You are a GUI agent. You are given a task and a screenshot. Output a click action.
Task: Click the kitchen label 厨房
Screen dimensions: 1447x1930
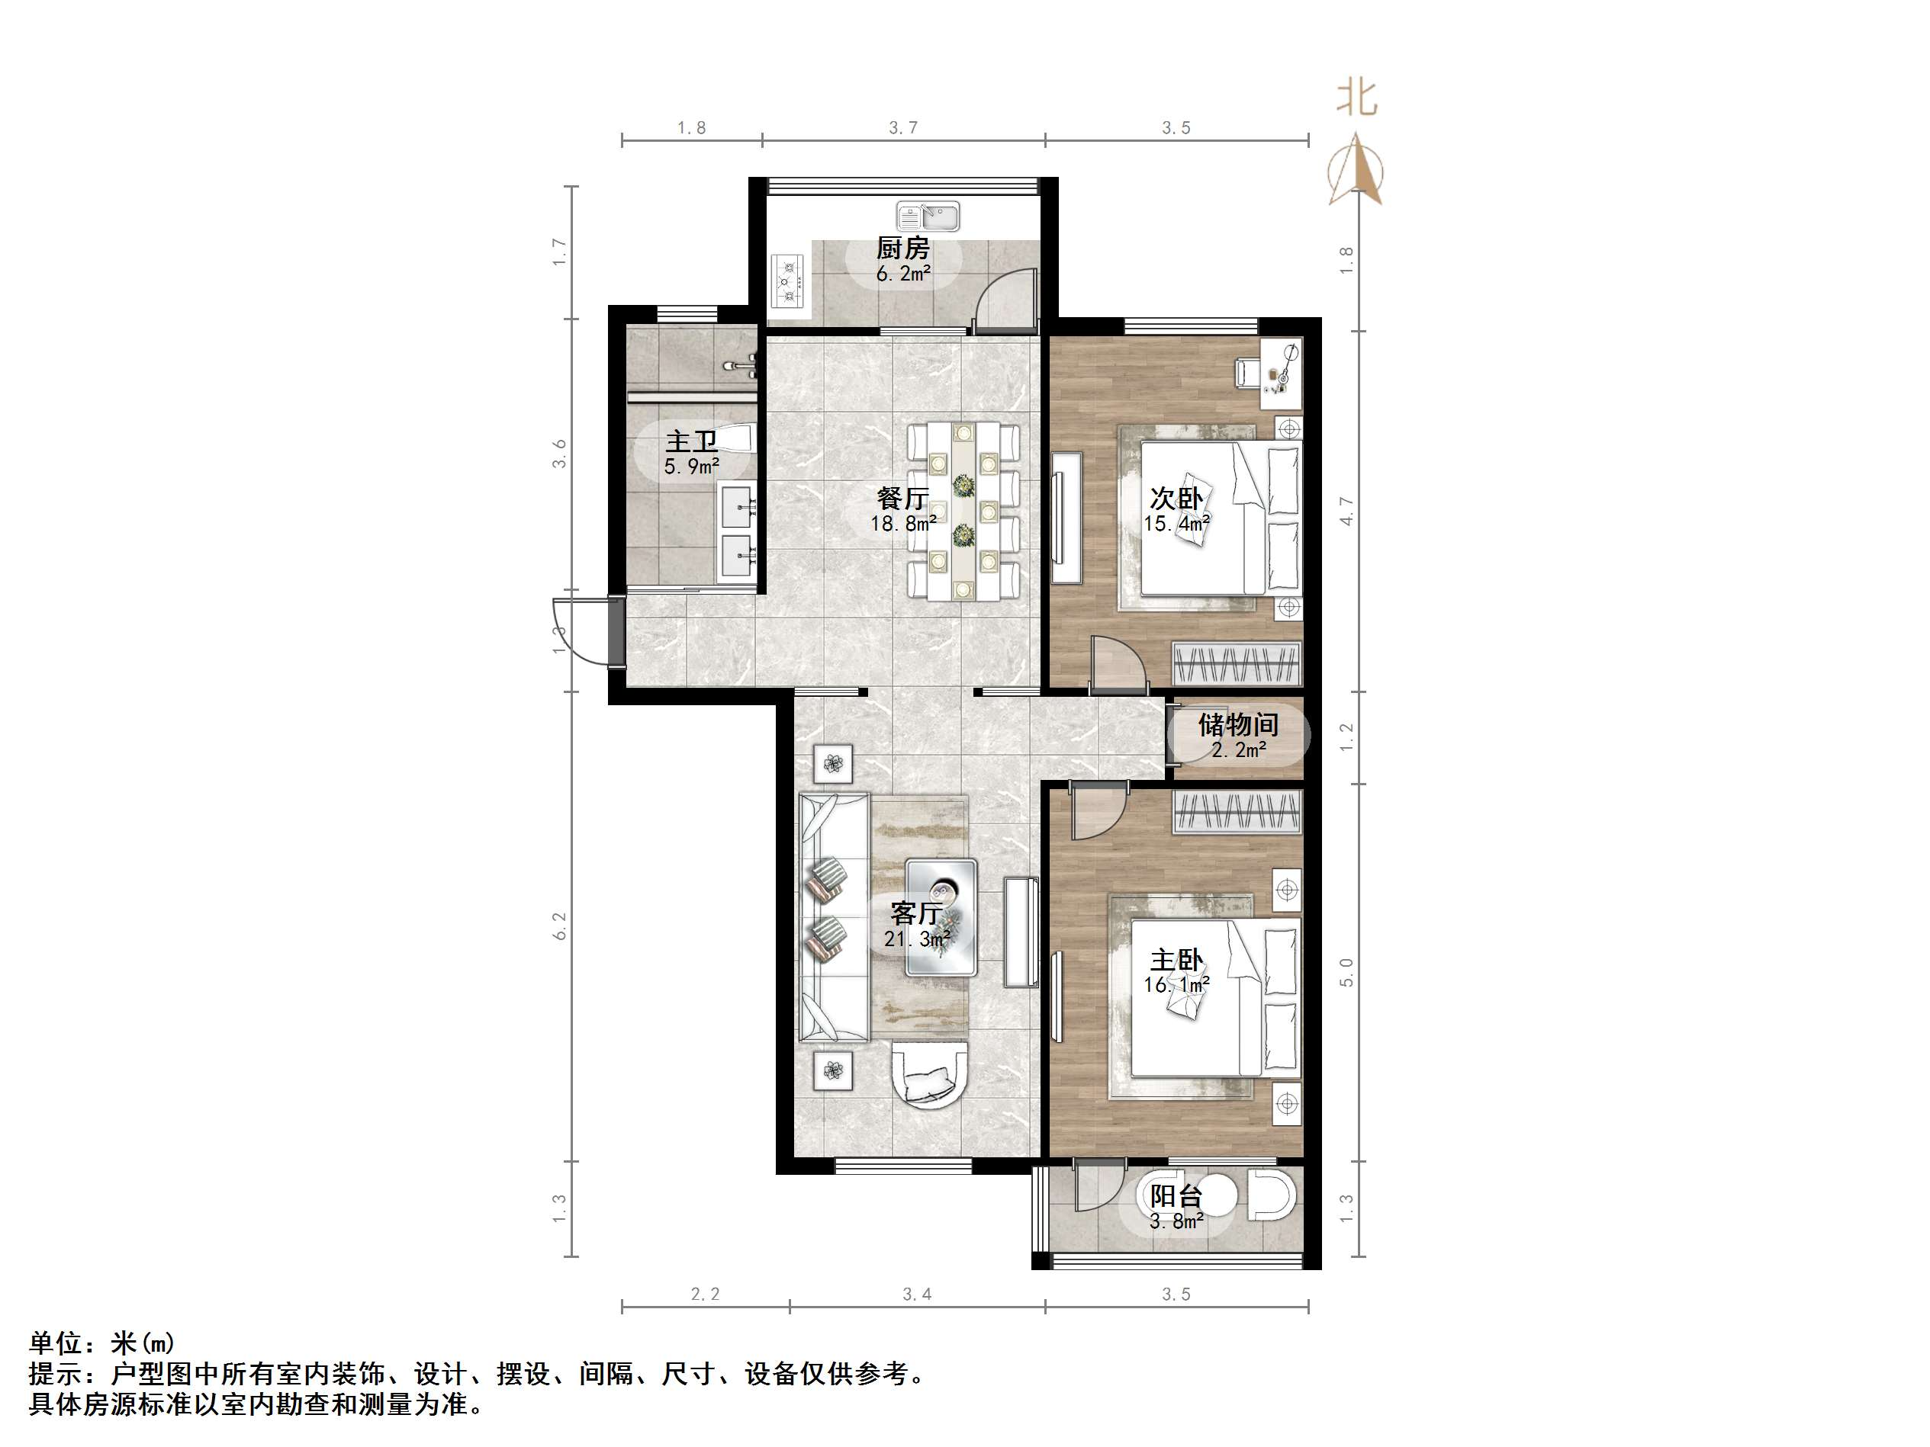902,248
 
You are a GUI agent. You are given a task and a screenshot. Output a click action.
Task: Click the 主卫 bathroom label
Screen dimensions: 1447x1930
691,441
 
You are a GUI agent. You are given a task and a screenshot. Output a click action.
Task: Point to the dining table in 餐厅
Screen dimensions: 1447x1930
963,510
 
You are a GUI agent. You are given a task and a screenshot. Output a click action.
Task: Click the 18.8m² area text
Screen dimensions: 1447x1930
902,523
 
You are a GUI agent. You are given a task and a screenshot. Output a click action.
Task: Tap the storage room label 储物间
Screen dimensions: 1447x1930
1237,724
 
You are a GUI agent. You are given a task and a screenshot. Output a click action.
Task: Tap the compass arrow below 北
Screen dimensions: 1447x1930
1355,171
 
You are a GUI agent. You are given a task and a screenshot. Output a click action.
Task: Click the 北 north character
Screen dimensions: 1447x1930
1357,98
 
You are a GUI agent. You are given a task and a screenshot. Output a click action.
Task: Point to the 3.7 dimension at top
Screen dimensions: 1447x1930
902,128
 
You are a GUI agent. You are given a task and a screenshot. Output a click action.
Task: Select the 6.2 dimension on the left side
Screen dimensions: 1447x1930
559,926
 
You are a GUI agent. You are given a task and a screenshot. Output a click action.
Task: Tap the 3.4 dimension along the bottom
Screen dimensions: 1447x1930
916,1295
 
